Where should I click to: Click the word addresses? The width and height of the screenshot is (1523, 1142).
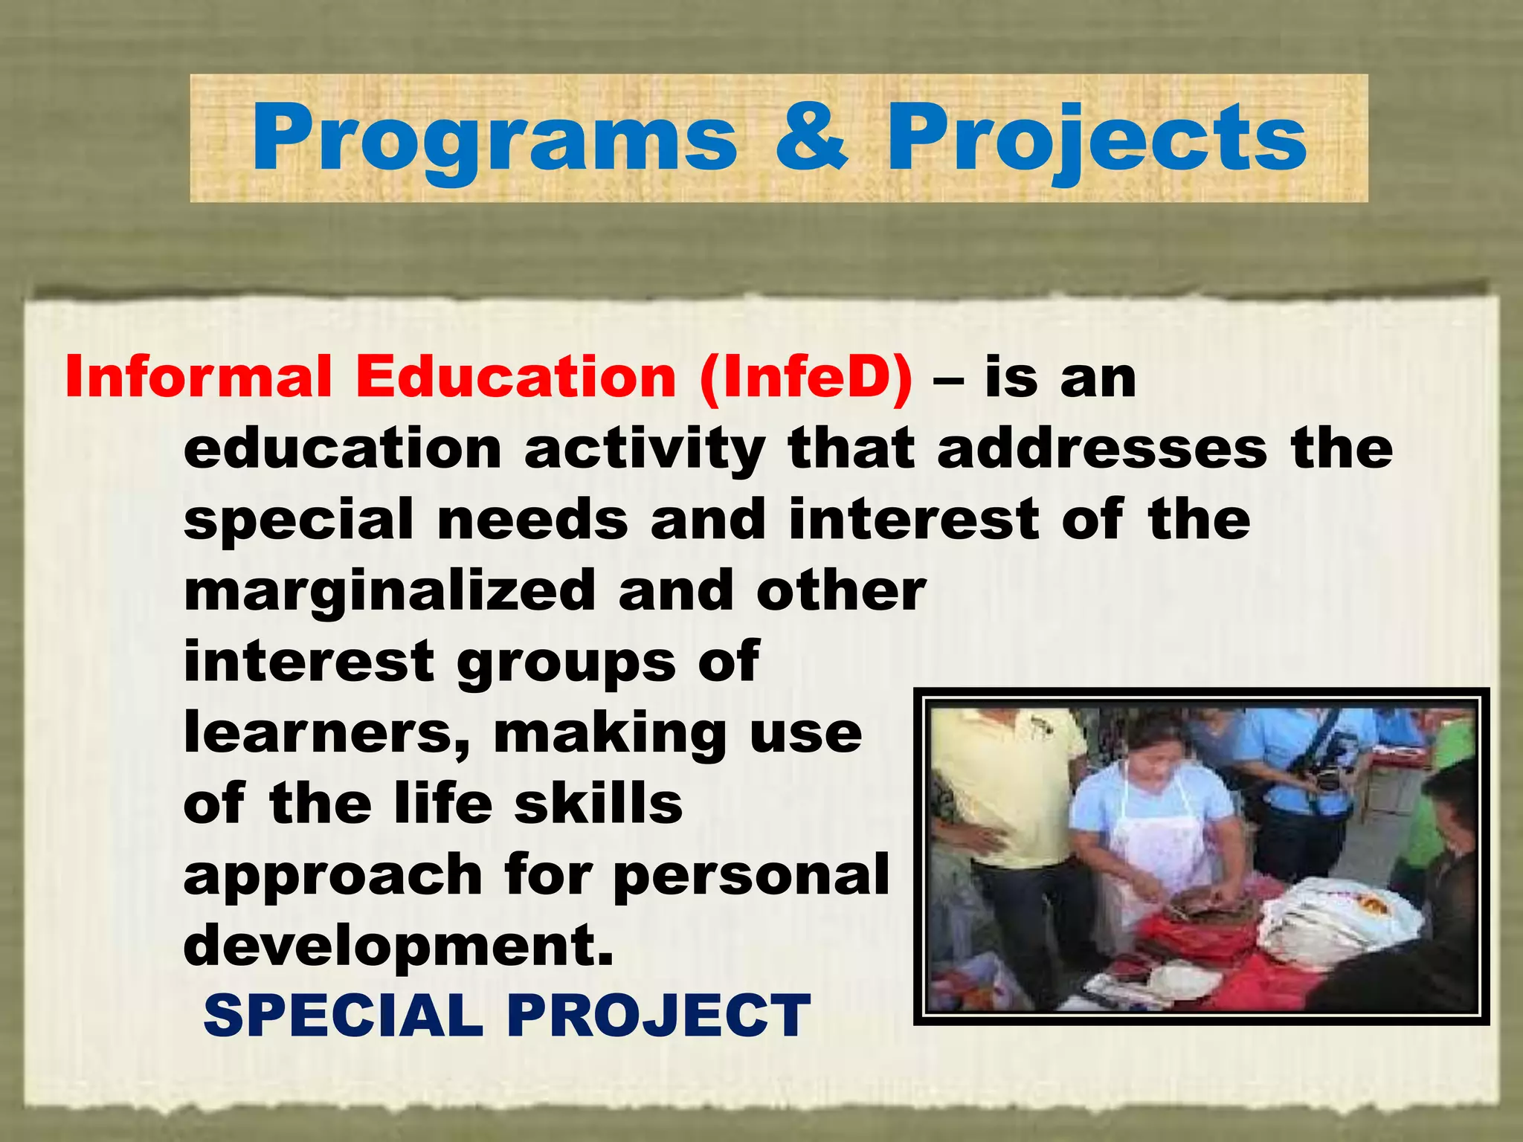coord(1102,448)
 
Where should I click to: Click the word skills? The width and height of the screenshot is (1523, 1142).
coord(598,804)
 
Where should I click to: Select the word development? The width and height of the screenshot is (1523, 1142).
coord(399,945)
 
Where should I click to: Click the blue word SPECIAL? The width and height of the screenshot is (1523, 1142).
coord(343,1016)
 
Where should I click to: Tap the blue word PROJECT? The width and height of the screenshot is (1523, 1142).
coord(658,1016)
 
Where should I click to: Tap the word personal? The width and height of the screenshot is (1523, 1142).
coord(751,875)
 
